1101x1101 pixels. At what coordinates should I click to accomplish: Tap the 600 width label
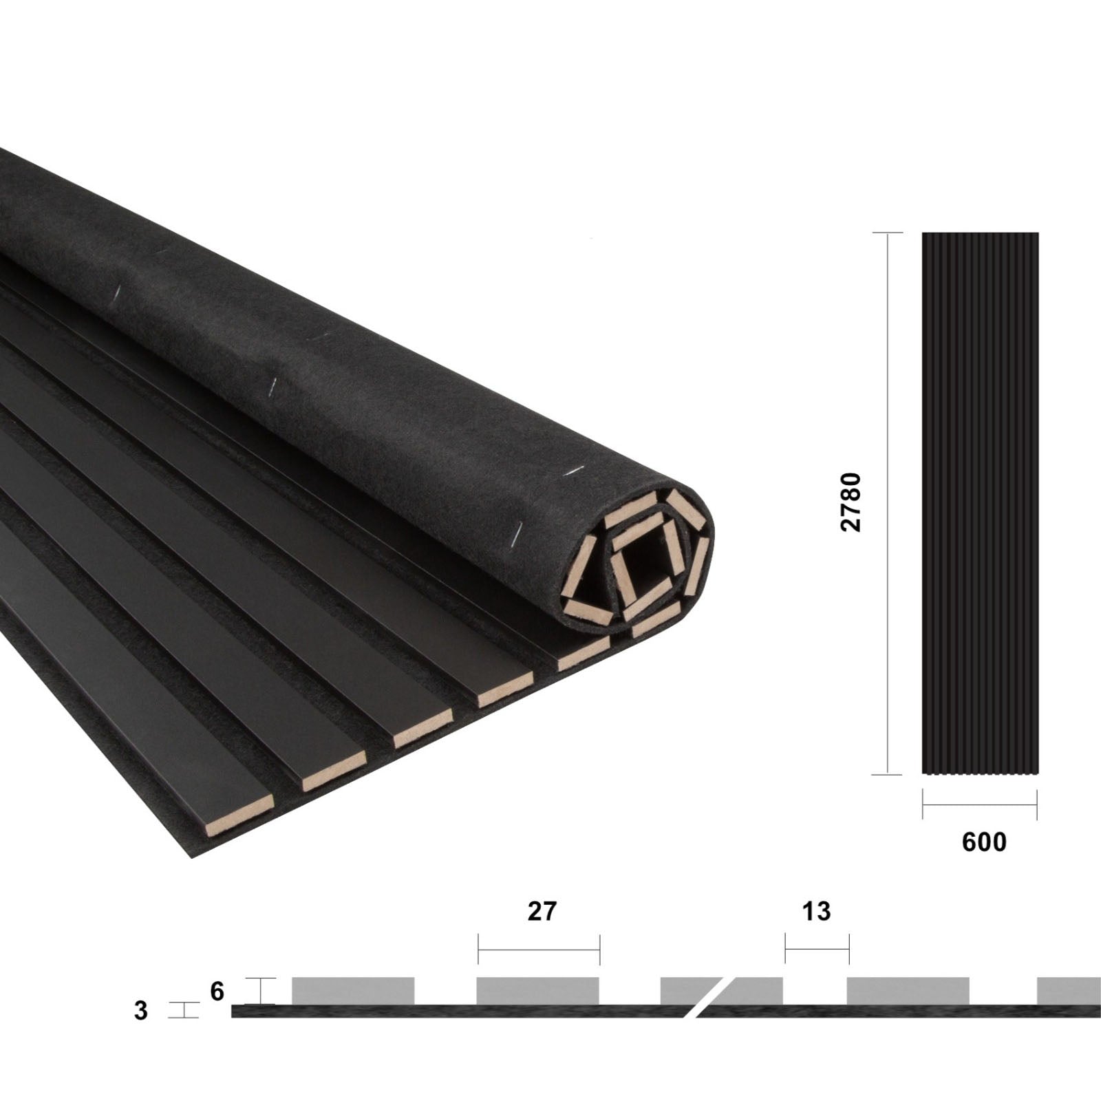click(984, 842)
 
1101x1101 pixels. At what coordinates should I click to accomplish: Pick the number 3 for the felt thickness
click(141, 1011)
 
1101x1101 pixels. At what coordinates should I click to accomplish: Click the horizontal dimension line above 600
click(979, 805)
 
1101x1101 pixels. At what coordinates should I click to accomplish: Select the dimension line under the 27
click(539, 950)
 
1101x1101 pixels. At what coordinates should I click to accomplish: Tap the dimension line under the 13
click(817, 950)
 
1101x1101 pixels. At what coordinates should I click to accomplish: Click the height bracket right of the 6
click(261, 991)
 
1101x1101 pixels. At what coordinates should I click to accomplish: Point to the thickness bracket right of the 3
click(184, 1010)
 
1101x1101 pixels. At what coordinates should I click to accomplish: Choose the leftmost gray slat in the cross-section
click(353, 990)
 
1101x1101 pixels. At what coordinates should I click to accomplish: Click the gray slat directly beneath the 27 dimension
click(537, 990)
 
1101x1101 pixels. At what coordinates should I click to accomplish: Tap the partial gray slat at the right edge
click(1069, 990)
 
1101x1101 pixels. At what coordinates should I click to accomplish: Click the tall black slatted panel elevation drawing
click(980, 503)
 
